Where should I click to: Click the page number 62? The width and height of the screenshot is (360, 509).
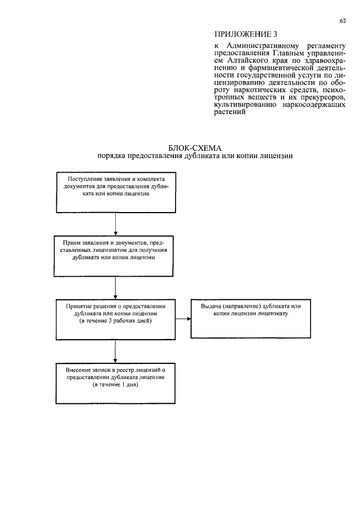(342, 21)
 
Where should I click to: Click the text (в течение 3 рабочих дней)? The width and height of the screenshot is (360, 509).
(115, 321)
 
